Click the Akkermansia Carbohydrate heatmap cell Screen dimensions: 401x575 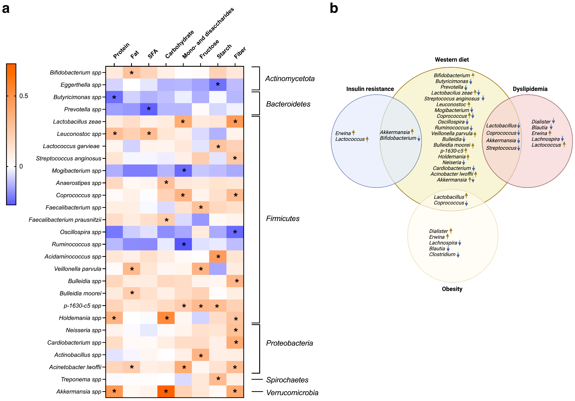tap(166, 391)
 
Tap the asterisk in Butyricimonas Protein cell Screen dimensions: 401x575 tap(114, 97)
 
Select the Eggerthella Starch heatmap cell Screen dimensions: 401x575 tap(218, 84)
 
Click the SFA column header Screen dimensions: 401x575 tap(153, 53)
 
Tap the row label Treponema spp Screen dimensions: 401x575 tap(81, 379)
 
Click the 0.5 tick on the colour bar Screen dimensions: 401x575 tap(24, 96)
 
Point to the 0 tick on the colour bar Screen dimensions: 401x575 tap(21, 166)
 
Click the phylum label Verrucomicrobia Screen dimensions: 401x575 tap(292, 393)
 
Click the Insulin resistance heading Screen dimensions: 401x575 tap(370, 89)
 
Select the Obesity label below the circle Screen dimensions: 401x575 tap(452, 289)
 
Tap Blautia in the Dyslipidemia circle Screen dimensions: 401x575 tap(539, 127)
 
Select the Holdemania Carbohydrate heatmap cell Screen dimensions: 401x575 tap(166, 318)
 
